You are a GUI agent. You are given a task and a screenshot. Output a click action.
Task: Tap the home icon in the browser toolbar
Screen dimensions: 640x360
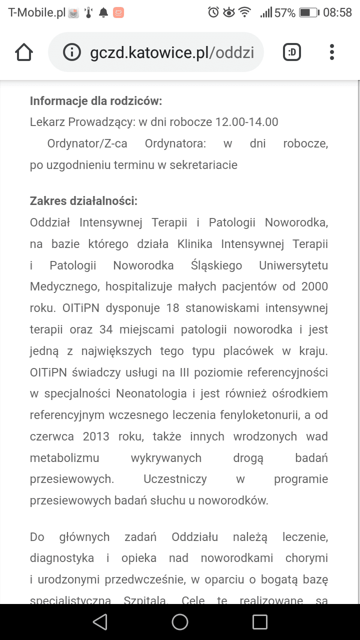(24, 52)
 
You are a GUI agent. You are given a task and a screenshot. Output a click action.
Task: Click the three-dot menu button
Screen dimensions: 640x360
(331, 52)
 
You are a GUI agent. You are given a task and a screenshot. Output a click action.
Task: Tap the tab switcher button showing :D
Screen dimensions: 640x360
(292, 52)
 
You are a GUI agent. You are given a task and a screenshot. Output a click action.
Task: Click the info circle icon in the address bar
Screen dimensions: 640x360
(72, 52)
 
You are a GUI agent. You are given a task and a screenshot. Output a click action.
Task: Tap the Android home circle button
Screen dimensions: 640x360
(179, 621)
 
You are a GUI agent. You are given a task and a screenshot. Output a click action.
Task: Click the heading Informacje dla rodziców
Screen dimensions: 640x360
(96, 101)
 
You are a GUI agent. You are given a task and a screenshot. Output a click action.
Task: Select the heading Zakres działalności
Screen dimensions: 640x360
(83, 201)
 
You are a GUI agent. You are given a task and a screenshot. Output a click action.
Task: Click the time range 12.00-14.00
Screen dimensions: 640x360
(246, 122)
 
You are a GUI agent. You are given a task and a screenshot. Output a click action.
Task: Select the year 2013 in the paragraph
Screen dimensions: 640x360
(96, 436)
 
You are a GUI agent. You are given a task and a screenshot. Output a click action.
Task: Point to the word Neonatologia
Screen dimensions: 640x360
(151, 393)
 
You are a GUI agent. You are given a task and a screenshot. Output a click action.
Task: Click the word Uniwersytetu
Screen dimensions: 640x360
(293, 265)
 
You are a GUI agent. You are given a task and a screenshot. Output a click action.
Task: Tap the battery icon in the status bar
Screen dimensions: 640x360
(309, 12)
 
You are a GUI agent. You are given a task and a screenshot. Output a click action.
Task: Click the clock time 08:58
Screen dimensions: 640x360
(337, 12)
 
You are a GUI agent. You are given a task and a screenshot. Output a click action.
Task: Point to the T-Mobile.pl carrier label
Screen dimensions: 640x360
(37, 12)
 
